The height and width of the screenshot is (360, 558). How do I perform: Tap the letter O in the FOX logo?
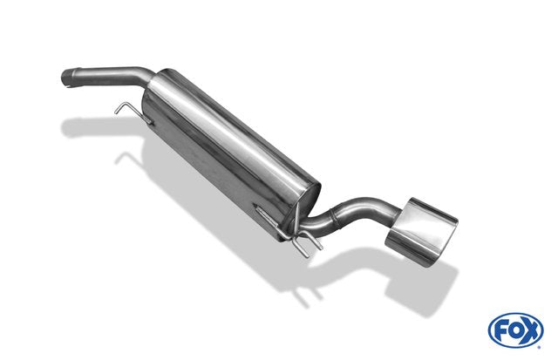pyautogui.click(x=517, y=331)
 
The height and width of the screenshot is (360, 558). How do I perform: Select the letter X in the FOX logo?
pyautogui.click(x=531, y=331)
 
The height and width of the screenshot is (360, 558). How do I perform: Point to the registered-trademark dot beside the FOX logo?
pyautogui.click(x=540, y=347)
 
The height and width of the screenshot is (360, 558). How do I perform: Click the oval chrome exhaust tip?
pyautogui.click(x=421, y=231)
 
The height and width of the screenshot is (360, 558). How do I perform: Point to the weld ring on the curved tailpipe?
pyautogui.click(x=333, y=217)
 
